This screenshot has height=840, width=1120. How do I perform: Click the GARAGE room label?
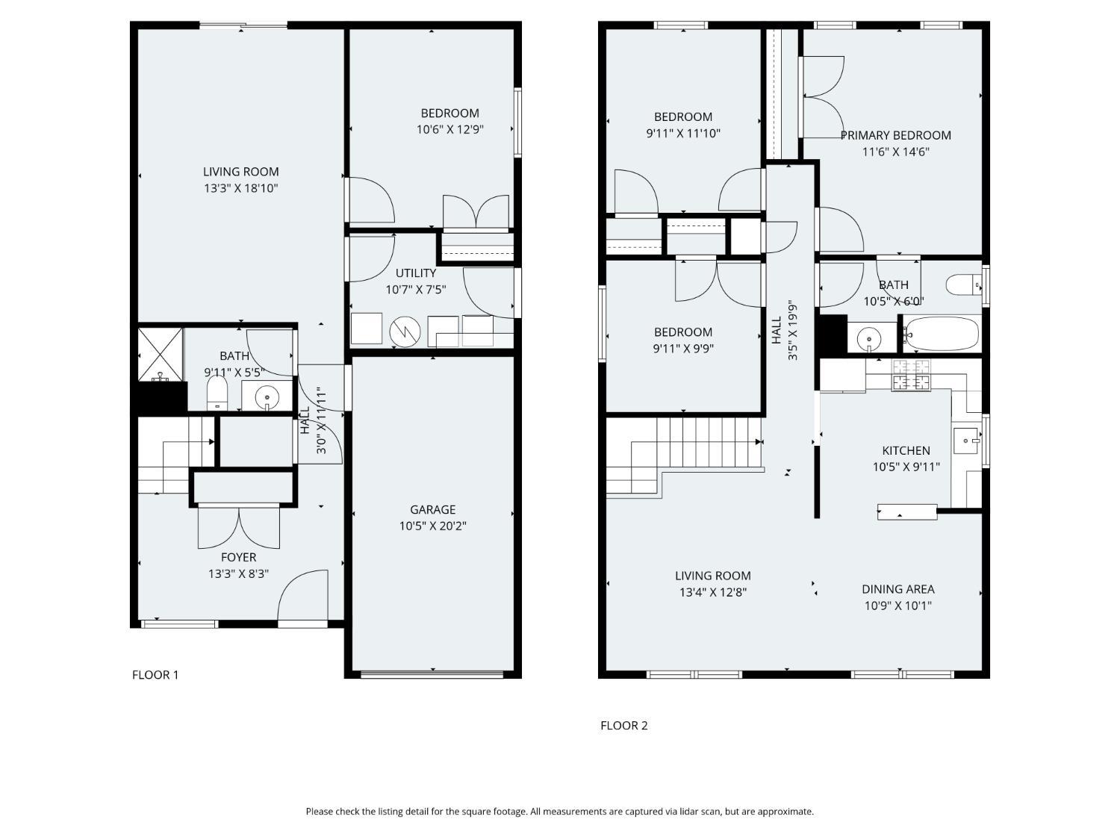tap(432, 509)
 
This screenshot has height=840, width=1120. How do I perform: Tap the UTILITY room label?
tap(416, 273)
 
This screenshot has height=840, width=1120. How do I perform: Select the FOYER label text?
tap(238, 557)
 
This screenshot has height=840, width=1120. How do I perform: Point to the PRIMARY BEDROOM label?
tap(895, 135)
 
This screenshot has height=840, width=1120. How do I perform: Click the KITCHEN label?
tap(906, 450)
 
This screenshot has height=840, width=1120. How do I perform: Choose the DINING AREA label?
tap(898, 589)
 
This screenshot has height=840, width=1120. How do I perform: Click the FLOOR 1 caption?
tap(155, 675)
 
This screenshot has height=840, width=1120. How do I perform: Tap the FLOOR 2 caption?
tap(624, 725)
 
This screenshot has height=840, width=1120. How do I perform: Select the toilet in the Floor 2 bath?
tap(963, 284)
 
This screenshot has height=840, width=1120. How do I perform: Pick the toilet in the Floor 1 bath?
tap(217, 393)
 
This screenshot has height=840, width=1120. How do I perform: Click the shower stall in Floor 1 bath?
tap(161, 355)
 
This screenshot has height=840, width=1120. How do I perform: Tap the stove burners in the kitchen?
tap(911, 375)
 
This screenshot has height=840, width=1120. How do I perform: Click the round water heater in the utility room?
tap(405, 332)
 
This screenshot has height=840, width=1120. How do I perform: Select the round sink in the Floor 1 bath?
tap(267, 395)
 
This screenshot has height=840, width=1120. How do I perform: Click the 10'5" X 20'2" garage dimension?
tap(432, 526)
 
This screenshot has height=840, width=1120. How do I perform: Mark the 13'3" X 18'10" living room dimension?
tap(241, 187)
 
